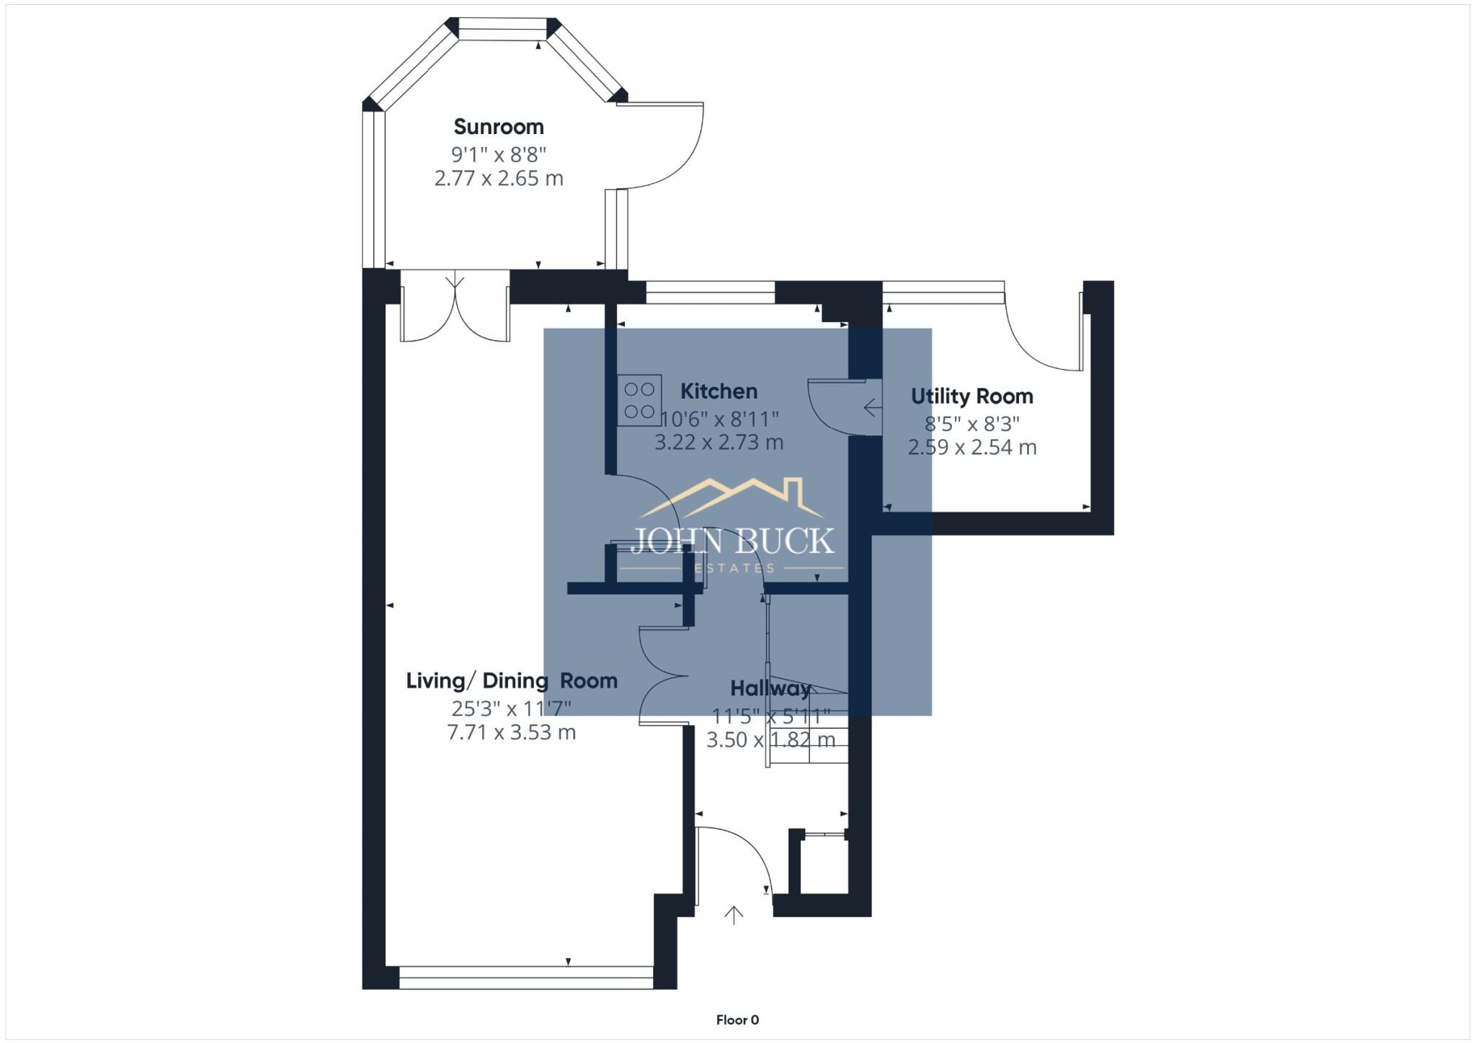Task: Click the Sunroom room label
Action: coord(499,127)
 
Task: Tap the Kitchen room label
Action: coord(719,391)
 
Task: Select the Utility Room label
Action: coord(972,396)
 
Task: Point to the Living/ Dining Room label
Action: coord(511,680)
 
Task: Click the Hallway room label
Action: coord(770,688)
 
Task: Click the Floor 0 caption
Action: coord(737,1019)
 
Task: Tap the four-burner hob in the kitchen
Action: coord(639,400)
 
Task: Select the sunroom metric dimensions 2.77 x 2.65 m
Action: coord(499,178)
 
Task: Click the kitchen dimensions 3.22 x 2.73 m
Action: coord(719,442)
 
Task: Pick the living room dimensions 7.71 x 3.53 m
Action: coord(511,732)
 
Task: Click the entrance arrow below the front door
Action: coord(734,915)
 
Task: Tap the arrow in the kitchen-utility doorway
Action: coord(872,408)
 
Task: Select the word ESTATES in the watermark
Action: coord(734,568)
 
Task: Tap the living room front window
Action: coord(525,977)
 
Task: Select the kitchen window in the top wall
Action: coord(710,292)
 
